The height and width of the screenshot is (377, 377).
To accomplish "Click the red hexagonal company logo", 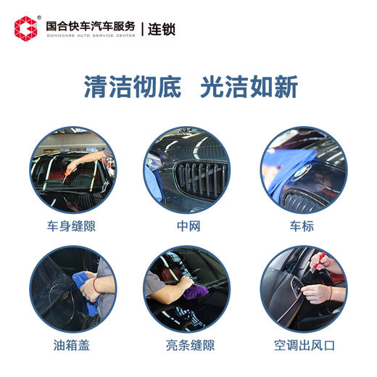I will [25, 28].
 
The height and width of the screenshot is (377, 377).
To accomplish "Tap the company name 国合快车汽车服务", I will [90, 25].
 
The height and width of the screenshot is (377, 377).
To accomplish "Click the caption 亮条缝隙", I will [188, 344].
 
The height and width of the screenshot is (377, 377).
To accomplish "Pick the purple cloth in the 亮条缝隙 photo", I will [194, 291].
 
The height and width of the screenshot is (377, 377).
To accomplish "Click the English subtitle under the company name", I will [90, 36].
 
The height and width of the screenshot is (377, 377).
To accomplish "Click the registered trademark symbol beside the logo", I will [38, 18].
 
